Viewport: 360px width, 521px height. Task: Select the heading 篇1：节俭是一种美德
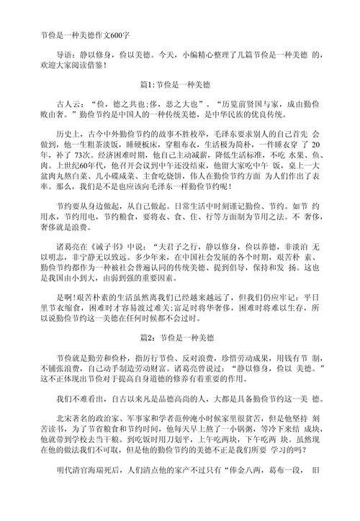(x=179, y=85)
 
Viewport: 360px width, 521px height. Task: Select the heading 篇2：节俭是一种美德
(x=179, y=337)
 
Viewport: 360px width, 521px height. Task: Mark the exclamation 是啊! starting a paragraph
(x=66, y=296)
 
